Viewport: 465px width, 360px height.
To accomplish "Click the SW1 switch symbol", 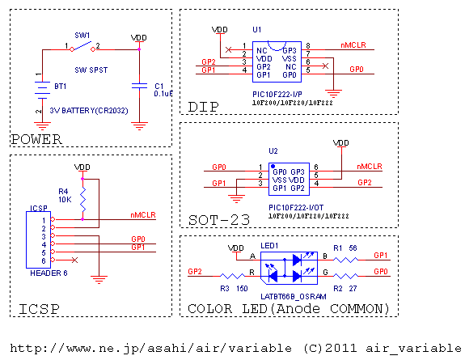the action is click(x=82, y=48).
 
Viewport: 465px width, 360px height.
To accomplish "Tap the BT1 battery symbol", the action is click(x=42, y=90).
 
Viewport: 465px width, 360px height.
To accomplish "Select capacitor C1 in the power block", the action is click(x=139, y=86).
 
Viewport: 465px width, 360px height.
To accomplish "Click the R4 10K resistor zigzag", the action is click(x=82, y=199).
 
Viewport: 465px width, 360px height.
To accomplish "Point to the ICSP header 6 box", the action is click(x=38, y=239).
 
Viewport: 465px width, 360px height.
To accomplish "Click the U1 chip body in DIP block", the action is click(x=277, y=61).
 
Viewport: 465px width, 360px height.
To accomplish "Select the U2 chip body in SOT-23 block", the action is click(x=289, y=179).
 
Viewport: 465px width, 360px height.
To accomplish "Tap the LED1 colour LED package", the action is click(x=289, y=268).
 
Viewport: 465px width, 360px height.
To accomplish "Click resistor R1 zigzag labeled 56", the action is click(x=345, y=260).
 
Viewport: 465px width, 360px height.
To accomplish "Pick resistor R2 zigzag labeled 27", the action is click(x=345, y=277).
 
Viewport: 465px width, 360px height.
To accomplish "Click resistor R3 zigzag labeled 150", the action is click(x=233, y=277).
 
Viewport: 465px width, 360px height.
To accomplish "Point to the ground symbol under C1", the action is click(x=139, y=126).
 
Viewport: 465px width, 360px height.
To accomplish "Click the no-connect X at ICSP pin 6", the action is click(x=74, y=260).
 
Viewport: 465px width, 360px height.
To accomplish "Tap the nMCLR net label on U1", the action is click(x=353, y=45).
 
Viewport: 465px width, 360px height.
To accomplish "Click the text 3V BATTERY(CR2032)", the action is click(x=89, y=111).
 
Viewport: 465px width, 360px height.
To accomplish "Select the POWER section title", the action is click(x=36, y=139).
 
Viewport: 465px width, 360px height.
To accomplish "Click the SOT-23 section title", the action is click(x=219, y=220).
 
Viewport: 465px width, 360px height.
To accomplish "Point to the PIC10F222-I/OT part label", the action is click(x=296, y=207).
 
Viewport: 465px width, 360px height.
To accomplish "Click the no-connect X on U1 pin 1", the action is click(x=228, y=49).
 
